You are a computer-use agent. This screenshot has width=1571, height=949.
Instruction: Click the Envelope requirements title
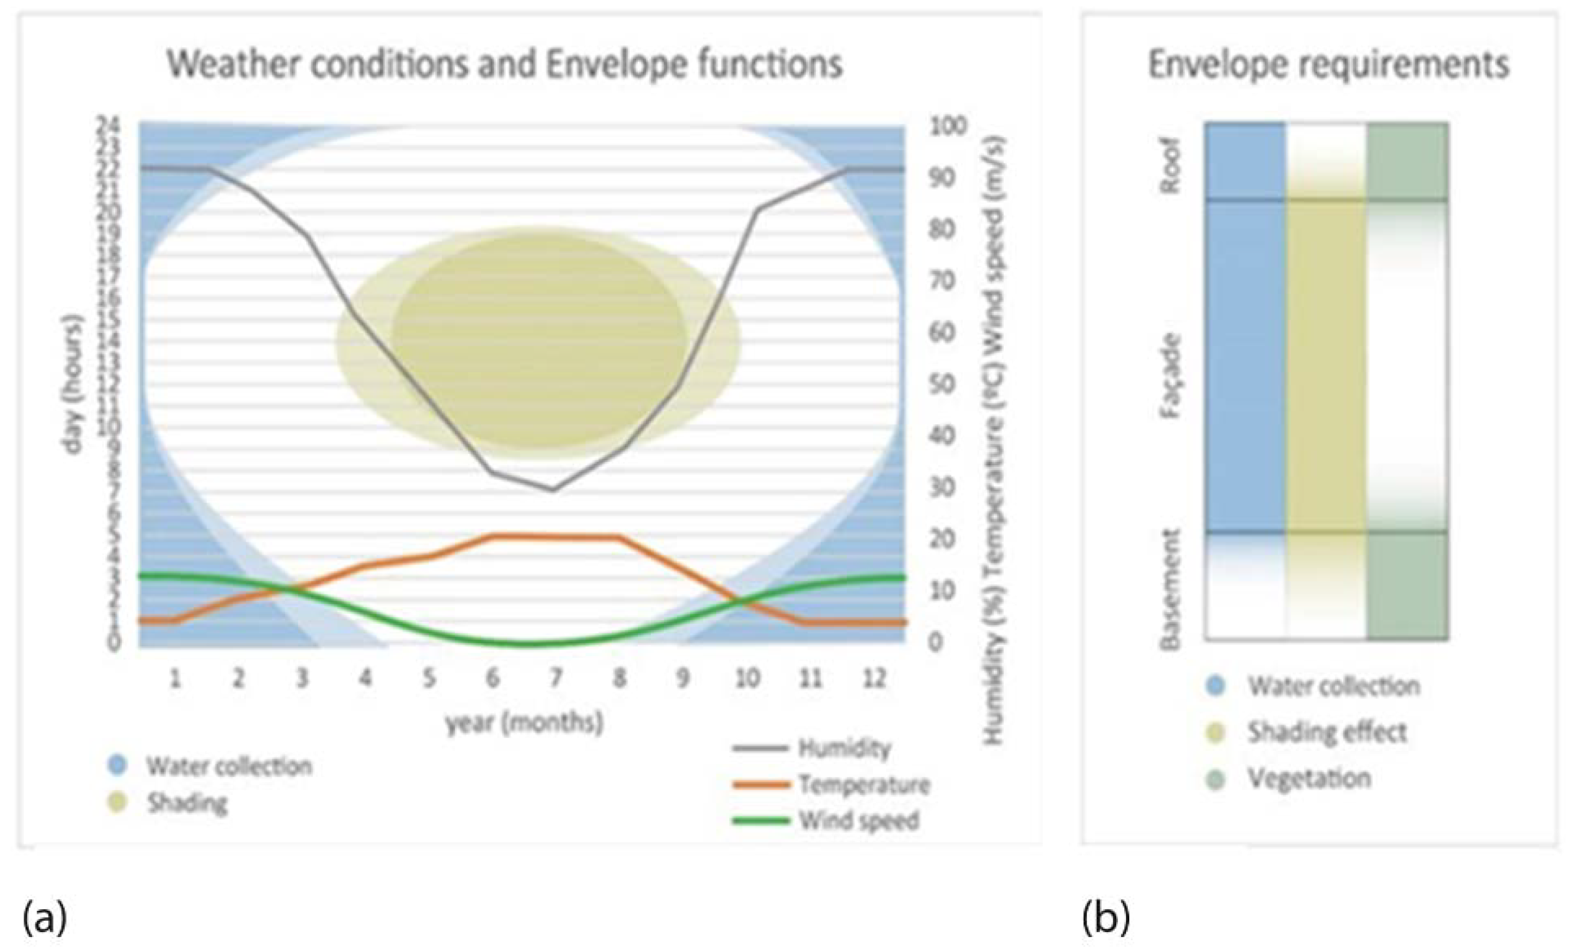(1329, 65)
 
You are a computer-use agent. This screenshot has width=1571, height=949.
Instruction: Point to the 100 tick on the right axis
(948, 126)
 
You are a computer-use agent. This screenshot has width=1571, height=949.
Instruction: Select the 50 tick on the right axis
(941, 384)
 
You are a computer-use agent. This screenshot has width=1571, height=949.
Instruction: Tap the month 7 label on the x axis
(556, 679)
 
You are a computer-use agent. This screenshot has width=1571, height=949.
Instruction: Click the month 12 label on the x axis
(874, 679)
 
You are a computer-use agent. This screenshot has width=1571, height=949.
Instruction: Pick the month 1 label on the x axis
(175, 679)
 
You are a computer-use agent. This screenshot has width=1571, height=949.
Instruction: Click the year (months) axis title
(524, 723)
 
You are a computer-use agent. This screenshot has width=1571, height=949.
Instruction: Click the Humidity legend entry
(844, 748)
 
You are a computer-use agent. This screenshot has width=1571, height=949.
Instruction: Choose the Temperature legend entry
(864, 785)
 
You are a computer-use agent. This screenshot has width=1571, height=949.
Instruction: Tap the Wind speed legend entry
(858, 821)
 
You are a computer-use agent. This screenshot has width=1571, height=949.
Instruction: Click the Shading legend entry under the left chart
(187, 803)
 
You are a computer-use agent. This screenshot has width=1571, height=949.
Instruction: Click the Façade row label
(1171, 376)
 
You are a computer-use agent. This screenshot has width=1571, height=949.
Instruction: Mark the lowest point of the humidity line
(553, 489)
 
